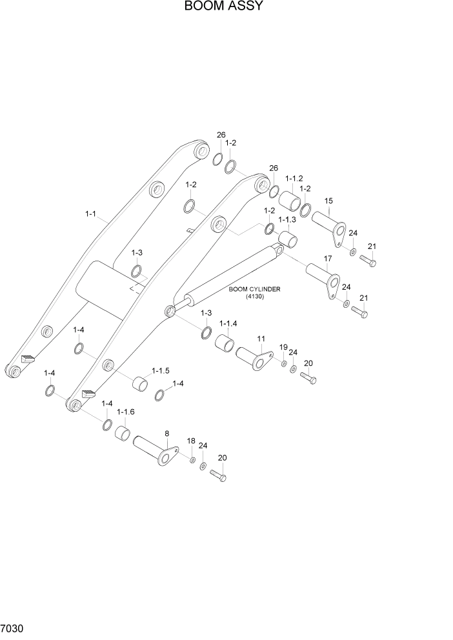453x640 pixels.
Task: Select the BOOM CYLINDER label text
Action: tap(254, 289)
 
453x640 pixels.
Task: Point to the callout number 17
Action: tap(327, 258)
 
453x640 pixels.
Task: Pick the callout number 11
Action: tap(261, 338)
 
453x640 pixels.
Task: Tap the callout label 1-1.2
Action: tap(294, 178)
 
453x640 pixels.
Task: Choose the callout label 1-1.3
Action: tap(287, 220)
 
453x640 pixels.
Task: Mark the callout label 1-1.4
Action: tap(228, 323)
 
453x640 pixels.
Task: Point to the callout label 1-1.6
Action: tap(125, 412)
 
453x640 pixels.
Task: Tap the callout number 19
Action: tap(283, 348)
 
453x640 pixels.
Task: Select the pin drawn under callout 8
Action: tap(155, 452)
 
